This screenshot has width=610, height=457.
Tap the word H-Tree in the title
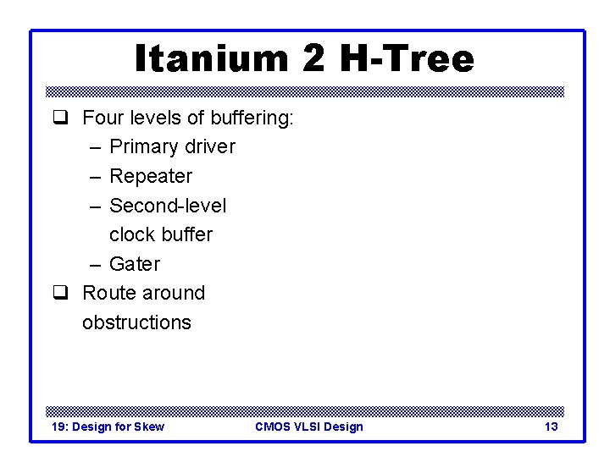coord(408,59)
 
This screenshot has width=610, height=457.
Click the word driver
coord(207,146)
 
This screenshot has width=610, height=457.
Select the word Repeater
coord(151,176)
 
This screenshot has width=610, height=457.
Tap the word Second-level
coord(168,206)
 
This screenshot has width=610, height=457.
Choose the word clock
coord(130,234)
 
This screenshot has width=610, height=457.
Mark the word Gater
coord(135,264)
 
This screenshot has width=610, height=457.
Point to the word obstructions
coord(136,322)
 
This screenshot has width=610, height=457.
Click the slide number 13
coord(551,427)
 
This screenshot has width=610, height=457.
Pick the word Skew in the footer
coord(150,427)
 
